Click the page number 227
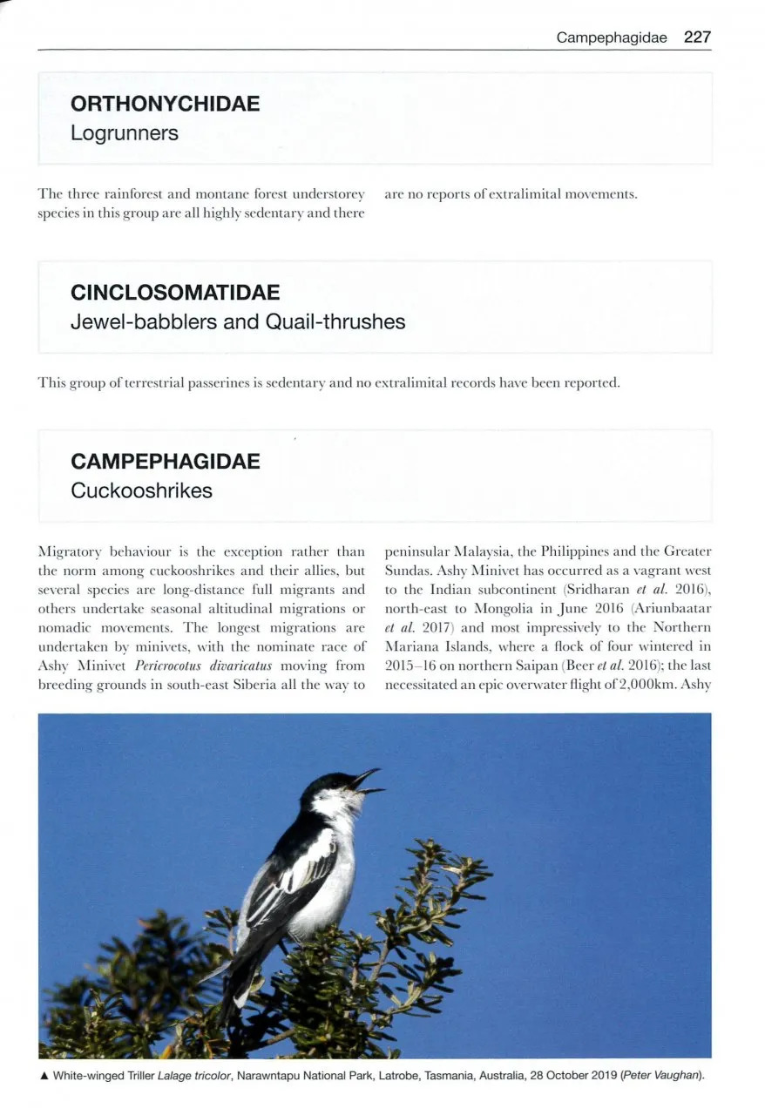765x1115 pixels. pyautogui.click(x=697, y=37)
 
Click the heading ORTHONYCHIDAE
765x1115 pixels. pyautogui.click(x=165, y=104)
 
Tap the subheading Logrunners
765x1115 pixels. pyautogui.click(x=125, y=133)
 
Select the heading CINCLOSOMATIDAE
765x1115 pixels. pyautogui.click(x=175, y=292)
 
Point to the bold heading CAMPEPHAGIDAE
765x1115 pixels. pyautogui.click(x=165, y=461)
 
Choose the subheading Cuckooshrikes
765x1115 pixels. pyautogui.click(x=141, y=490)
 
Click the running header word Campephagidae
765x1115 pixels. pyautogui.click(x=612, y=38)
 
